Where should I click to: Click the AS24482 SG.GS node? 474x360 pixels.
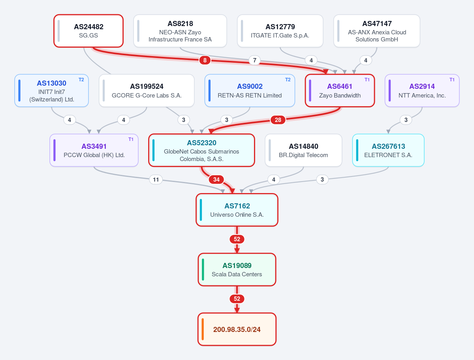coord(88,31)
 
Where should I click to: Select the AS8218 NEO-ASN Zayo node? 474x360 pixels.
coord(180,31)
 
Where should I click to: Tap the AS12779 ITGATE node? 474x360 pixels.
coord(280,31)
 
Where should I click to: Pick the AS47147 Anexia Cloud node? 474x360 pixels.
coord(377,31)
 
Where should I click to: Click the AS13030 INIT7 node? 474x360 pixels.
coord(52,91)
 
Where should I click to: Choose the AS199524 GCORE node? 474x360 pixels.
coord(147,91)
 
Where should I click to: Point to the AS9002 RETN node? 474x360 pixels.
coord(250,91)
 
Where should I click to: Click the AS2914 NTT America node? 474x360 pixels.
coord(422,91)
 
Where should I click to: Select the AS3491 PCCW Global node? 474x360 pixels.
coord(94,150)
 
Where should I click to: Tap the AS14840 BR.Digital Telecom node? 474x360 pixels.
coord(303,150)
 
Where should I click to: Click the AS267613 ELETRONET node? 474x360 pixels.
coord(388,150)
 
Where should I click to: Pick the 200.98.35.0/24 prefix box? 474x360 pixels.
coord(237,329)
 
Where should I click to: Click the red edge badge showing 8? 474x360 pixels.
coord(205,60)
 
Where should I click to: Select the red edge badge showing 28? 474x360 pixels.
coord(278,120)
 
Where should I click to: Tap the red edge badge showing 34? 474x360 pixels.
coord(216,180)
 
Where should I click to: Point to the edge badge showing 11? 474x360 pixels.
coord(156,180)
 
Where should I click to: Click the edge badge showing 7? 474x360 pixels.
coord(255,60)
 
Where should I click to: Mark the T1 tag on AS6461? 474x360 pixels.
coord(367,80)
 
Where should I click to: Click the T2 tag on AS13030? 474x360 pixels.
coord(81,80)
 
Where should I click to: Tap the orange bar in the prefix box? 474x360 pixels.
coord(203,329)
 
